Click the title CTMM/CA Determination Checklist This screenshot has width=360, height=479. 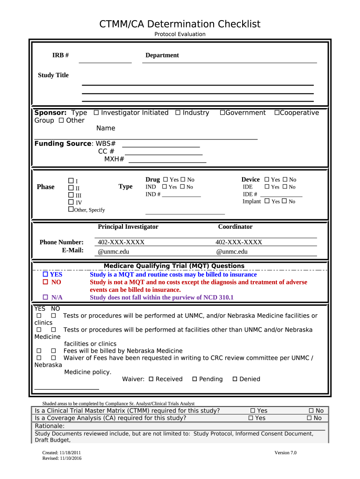pyautogui.click(x=180, y=24)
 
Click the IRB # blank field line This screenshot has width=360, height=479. pyautogui.click(x=105, y=59)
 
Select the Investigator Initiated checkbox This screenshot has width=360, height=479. pyautogui.click(x=96, y=113)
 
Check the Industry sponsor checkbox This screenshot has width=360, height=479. pyautogui.click(x=178, y=113)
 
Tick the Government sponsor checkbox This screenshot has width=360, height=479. pyautogui.click(x=223, y=113)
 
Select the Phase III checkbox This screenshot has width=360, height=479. pyautogui.click(x=71, y=195)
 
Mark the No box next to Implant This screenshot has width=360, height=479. pyautogui.click(x=284, y=201)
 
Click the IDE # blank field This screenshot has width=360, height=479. pyautogui.click(x=281, y=194)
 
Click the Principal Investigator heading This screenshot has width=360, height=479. pyautogui.click(x=128, y=227)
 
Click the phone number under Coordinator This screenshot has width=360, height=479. pyautogui.click(x=238, y=242)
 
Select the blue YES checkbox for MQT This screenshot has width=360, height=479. pyautogui.click(x=46, y=275)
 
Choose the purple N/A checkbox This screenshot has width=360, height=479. pyautogui.click(x=46, y=297)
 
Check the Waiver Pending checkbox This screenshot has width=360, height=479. pyautogui.click(x=194, y=379)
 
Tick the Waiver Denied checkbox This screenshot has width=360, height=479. pyautogui.click(x=235, y=379)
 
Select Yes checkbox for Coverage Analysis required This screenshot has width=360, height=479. pyautogui.click(x=251, y=418)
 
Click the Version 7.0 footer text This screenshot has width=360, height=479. pyautogui.click(x=285, y=453)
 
